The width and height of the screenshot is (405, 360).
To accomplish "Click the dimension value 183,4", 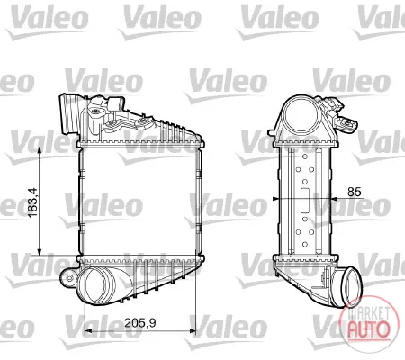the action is point(32,202).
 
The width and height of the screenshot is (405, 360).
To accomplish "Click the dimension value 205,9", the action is point(140,323).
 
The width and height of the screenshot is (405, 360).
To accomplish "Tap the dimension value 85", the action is point(355,192).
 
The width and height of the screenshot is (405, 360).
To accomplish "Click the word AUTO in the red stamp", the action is point(368,329).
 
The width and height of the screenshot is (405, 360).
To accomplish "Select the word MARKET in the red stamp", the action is point(368,313).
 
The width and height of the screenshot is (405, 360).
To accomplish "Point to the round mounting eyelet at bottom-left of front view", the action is point(69,278).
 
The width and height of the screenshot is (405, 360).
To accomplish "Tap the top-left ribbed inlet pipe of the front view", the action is point(68,114).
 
